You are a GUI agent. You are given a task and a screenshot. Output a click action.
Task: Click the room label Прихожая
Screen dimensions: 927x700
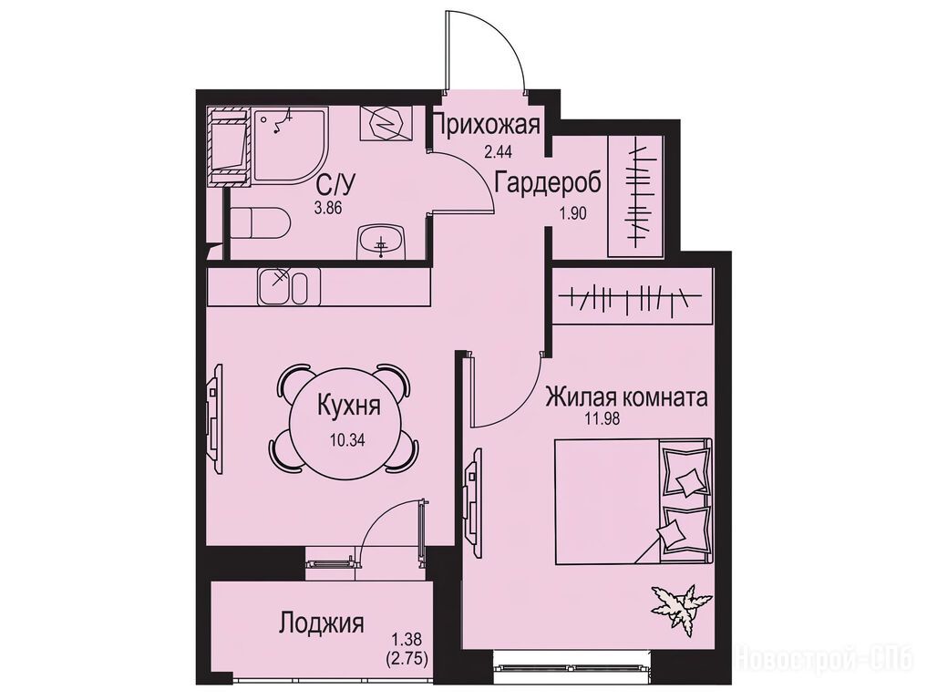point(487,126)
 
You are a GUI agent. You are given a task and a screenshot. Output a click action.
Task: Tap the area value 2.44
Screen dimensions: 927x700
point(497,152)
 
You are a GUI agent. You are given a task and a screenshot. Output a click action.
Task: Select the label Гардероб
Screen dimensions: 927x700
point(548,182)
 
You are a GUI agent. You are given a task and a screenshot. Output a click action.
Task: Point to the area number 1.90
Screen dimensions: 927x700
point(572,213)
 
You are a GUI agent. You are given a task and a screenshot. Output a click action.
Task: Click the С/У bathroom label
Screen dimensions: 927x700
point(335,187)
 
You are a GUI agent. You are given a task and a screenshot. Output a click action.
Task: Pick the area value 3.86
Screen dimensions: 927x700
point(329,208)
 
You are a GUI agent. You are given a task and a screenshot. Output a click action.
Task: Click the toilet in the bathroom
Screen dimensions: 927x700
point(260,223)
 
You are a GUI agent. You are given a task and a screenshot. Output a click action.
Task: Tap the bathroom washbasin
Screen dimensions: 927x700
point(381,242)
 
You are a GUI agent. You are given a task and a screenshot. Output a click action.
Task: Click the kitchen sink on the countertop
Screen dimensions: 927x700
point(282,285)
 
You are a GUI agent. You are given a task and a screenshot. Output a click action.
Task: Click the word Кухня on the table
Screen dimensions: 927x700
point(349,407)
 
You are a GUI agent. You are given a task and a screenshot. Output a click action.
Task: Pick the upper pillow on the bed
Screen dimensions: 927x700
point(684,471)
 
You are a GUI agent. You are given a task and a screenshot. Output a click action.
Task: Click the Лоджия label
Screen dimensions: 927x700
point(321,623)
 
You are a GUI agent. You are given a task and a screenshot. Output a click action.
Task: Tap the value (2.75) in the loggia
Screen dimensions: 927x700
point(406,657)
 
